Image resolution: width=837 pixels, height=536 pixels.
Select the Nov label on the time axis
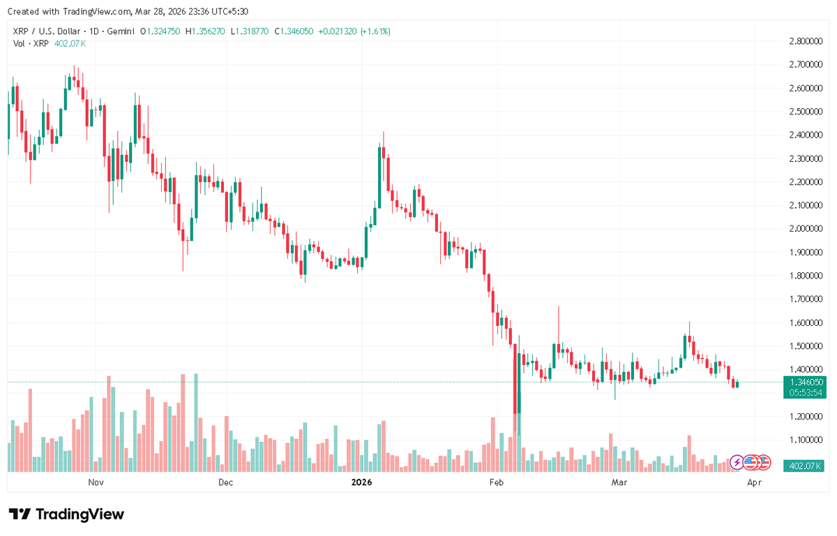point(96,482)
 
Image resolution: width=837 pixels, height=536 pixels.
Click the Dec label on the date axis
point(226,482)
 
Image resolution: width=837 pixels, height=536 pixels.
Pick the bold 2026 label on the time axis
point(361,482)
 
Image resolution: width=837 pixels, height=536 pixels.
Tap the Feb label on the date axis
point(496,482)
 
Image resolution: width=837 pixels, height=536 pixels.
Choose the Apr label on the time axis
point(753,482)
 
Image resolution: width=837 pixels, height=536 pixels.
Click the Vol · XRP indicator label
point(31,43)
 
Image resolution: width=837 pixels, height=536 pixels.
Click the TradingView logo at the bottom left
point(67,514)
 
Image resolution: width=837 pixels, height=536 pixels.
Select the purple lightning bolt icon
point(737,461)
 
